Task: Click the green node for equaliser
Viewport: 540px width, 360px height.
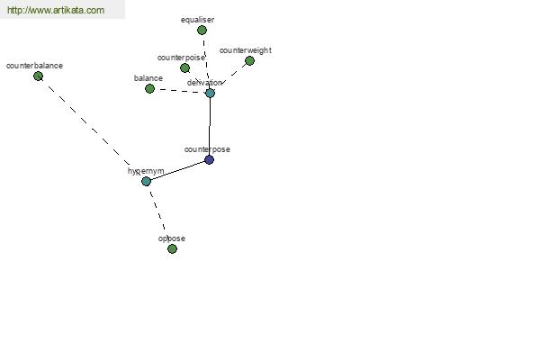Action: pos(202,30)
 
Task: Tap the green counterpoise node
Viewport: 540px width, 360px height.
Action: pos(184,67)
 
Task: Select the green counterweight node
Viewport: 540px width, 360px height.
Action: pos(249,60)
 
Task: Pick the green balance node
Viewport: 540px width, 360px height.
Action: pos(149,88)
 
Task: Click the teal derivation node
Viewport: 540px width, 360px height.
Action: pos(210,93)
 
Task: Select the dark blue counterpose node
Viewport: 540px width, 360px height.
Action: pos(209,159)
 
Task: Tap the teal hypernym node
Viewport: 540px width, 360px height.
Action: pos(146,181)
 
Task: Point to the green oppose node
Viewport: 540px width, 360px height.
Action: pos(172,248)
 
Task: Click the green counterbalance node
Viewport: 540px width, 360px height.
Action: pos(38,76)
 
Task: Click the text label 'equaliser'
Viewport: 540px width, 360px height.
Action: pos(197,19)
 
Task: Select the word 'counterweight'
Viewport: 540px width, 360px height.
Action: pos(245,50)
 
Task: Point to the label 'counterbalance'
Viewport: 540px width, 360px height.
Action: pos(34,66)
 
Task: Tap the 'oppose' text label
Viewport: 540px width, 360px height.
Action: pos(172,238)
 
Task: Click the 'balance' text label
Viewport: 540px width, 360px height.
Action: pos(148,78)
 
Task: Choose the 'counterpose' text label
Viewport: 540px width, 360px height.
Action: pos(207,149)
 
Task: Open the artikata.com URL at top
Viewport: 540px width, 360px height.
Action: pos(55,11)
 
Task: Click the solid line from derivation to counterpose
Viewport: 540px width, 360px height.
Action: pos(210,126)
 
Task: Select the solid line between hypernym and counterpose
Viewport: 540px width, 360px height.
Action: pos(177,170)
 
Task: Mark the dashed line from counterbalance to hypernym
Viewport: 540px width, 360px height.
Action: pos(90,127)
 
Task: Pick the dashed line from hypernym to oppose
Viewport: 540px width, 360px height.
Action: pos(159,215)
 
